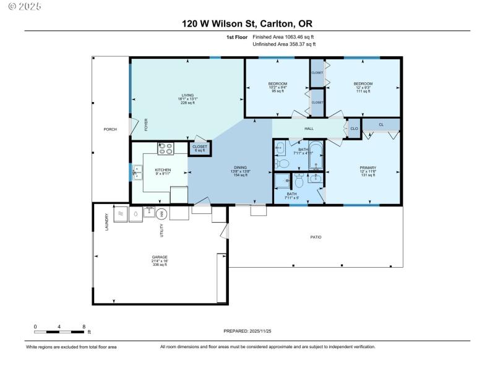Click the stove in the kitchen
click(166, 148)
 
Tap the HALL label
click(309, 129)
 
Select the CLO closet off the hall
click(354, 129)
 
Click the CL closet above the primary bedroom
click(381, 125)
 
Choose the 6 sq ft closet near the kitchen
click(200, 148)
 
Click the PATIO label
click(316, 237)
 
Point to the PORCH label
click(110, 129)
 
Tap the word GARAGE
click(160, 257)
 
